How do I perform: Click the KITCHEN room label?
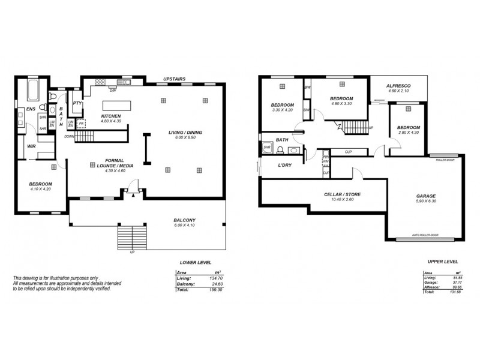(111, 116)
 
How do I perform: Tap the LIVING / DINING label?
(185, 132)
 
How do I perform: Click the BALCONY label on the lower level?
(185, 220)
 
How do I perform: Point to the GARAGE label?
(426, 196)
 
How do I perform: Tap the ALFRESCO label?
(398, 85)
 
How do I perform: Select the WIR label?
(31, 145)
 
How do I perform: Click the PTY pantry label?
(77, 103)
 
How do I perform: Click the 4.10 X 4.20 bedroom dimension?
(41, 189)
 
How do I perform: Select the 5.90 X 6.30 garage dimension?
(426, 202)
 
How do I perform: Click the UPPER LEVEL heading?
(443, 262)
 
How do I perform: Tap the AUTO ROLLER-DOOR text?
(425, 235)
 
